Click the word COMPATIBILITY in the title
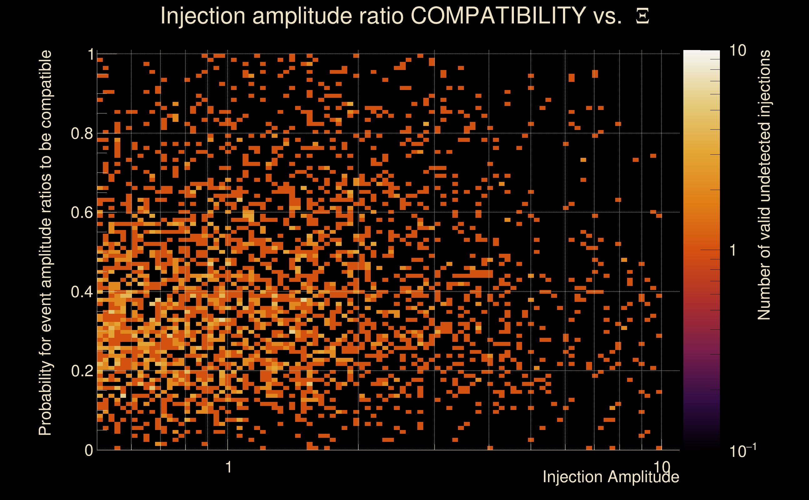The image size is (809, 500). (498, 16)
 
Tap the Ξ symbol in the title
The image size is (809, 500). (642, 16)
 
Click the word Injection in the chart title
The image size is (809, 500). (203, 16)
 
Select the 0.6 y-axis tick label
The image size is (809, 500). (82, 212)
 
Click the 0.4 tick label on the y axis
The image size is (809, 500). (82, 292)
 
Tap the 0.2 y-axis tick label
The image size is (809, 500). (82, 371)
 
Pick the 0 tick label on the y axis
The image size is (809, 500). (89, 450)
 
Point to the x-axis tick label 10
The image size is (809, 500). (661, 467)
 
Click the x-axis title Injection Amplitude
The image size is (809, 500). (611, 477)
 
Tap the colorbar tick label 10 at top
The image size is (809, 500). (737, 51)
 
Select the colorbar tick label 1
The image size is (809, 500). (733, 250)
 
